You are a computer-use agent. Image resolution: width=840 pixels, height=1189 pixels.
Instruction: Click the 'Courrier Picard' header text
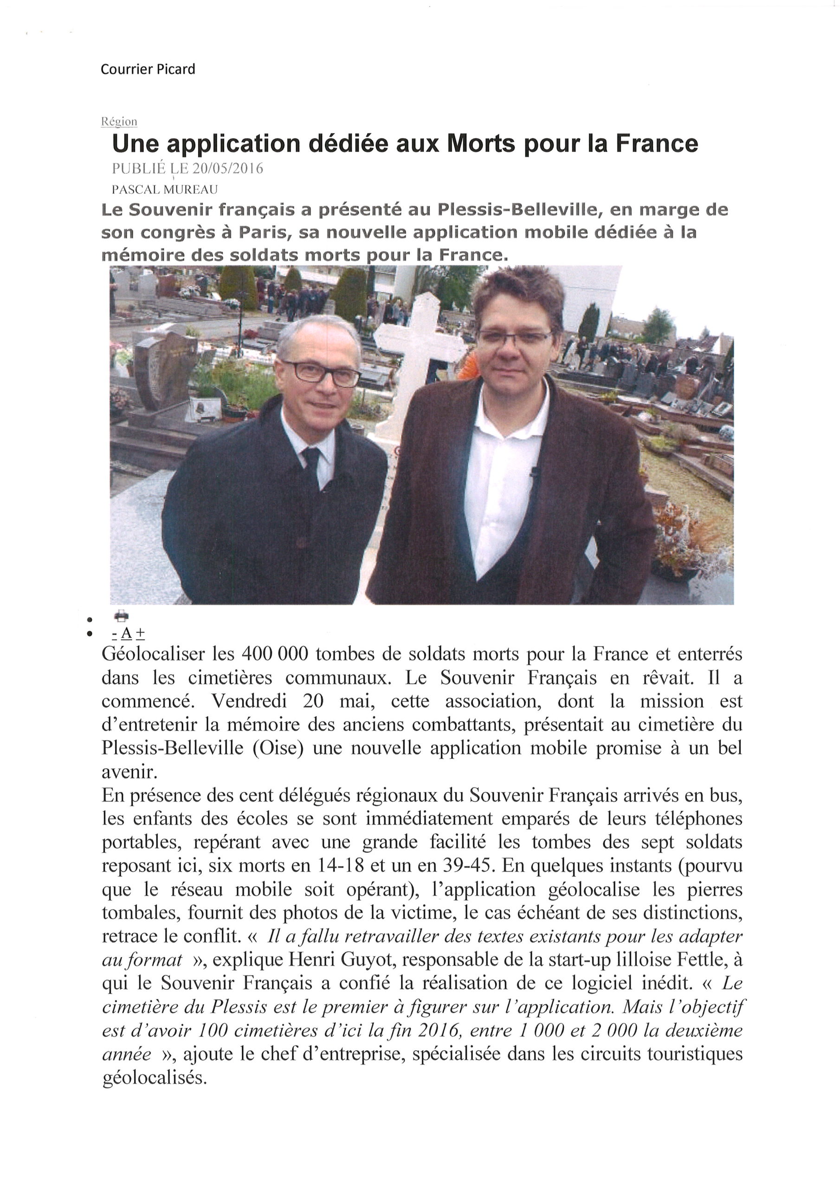point(148,69)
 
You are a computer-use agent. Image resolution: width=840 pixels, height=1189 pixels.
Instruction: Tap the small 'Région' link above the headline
point(119,122)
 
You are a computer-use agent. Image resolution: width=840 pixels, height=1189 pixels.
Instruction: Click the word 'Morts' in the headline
point(481,144)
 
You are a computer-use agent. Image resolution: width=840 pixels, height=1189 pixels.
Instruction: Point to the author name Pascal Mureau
point(165,190)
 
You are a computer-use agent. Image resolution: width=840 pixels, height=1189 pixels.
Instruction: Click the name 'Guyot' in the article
point(370,960)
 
